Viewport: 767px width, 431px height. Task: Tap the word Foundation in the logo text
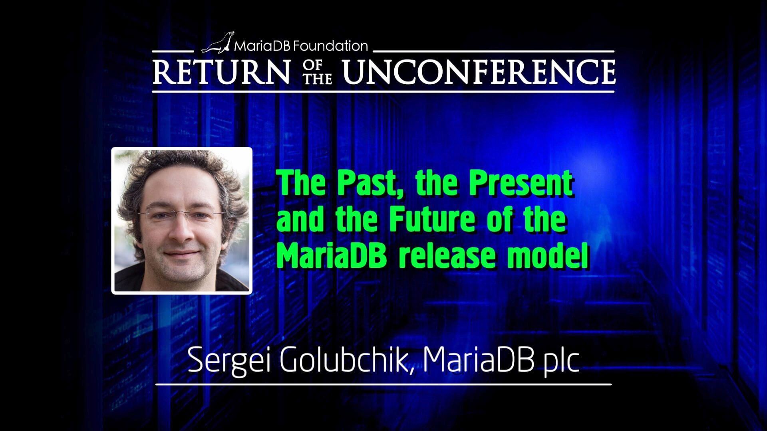coord(330,46)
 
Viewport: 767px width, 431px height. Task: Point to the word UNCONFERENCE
coord(479,72)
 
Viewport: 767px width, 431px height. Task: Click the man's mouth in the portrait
coord(183,254)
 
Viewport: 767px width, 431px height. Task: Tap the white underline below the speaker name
coord(383,384)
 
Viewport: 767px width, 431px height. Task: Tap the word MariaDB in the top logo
coord(263,46)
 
